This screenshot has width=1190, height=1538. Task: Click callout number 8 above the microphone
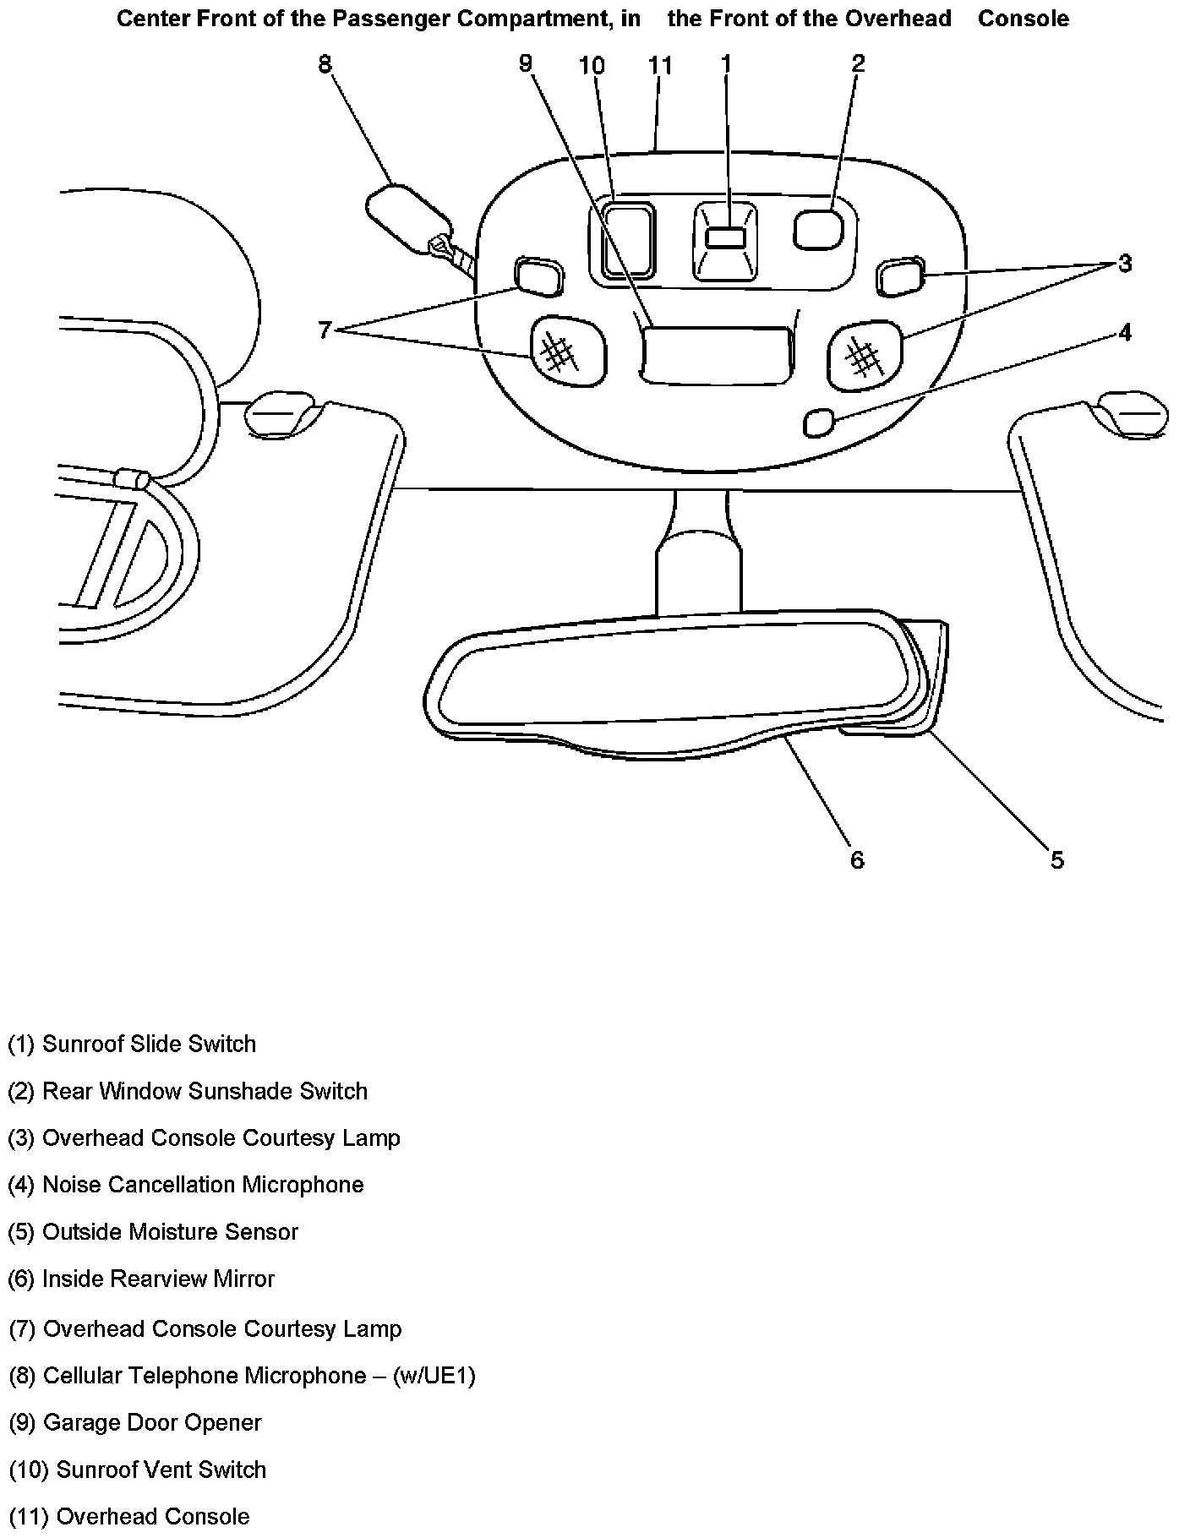[325, 64]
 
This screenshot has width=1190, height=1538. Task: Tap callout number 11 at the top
[659, 65]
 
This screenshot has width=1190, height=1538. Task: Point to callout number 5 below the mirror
[1057, 859]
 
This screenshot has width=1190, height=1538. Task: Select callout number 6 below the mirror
[857, 859]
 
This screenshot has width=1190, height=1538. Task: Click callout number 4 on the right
[1124, 333]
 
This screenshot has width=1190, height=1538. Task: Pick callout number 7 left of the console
[325, 330]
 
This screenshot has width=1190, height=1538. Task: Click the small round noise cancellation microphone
[818, 423]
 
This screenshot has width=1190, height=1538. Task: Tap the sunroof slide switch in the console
[725, 239]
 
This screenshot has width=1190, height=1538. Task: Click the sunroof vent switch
[627, 239]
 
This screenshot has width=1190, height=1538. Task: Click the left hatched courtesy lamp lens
[567, 352]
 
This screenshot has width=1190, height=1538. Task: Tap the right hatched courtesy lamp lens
[865, 356]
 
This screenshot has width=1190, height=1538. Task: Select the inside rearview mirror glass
[676, 676]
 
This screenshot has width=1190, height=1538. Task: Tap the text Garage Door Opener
[152, 1422]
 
